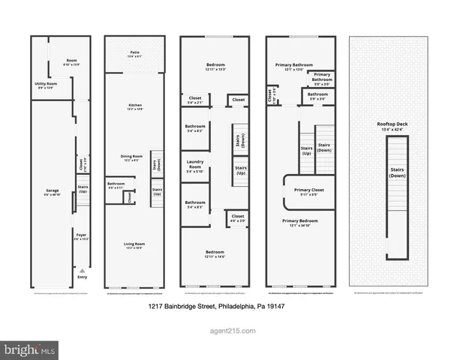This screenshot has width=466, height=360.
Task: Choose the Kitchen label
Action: [135, 106]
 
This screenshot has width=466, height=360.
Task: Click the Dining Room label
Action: [132, 157]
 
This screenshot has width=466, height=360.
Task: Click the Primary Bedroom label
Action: [300, 221]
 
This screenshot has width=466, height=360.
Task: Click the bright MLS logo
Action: [29, 349]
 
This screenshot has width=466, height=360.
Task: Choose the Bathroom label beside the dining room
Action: [116, 184]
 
